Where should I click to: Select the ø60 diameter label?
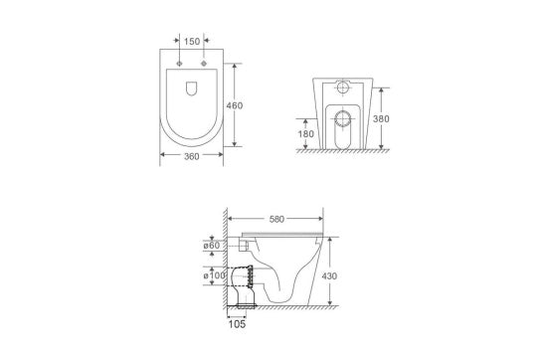point(211,245)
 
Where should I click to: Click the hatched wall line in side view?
point(227,259)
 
